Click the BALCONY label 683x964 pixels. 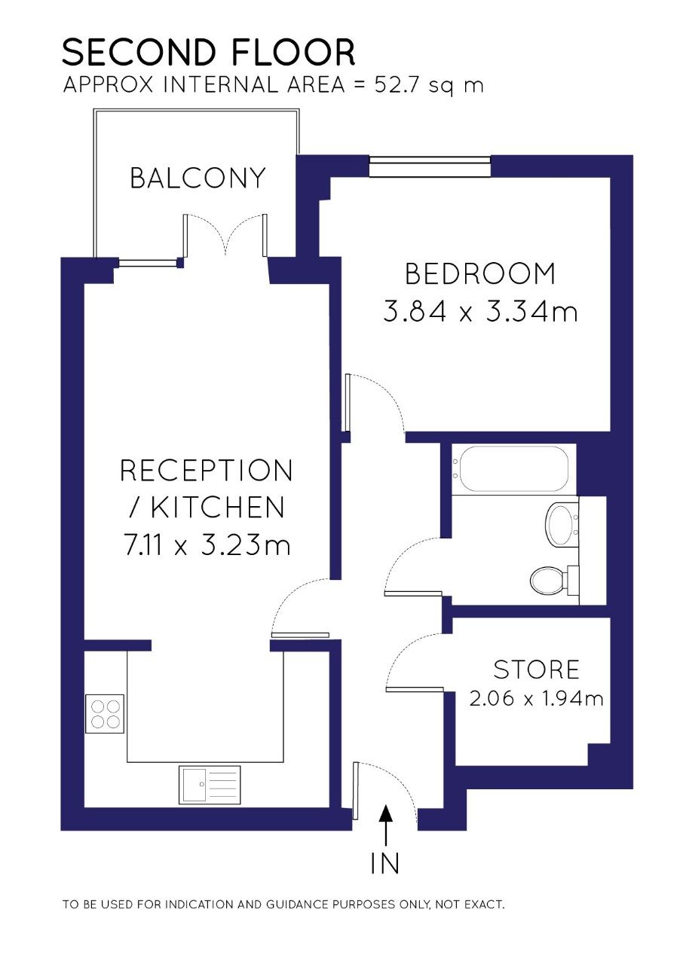click(198, 178)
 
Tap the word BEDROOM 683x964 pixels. click(480, 273)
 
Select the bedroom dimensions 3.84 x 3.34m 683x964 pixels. click(480, 312)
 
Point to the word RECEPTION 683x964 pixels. click(207, 470)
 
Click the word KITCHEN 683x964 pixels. click(217, 507)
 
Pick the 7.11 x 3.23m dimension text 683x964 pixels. click(207, 545)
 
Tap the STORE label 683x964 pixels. click(536, 670)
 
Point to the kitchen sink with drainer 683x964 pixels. click(210, 785)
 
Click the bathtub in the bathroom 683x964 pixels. click(513, 469)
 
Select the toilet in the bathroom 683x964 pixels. click(555, 579)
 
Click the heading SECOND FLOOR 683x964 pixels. click(209, 52)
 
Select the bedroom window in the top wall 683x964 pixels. click(430, 166)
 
